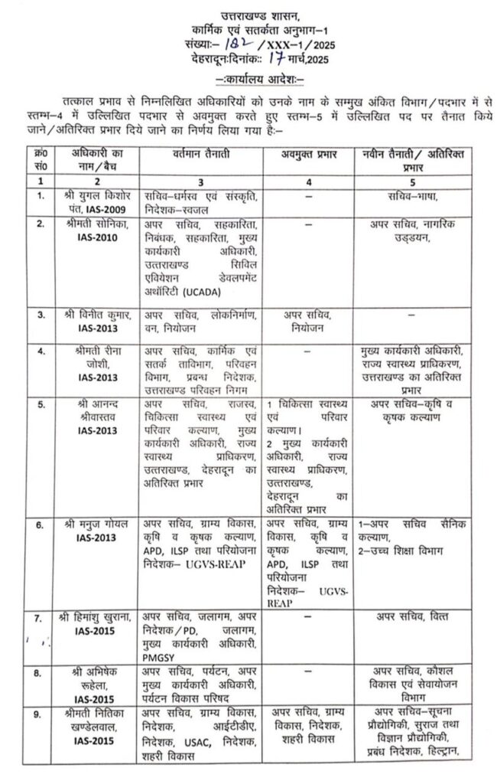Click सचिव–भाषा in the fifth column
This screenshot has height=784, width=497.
(x=414, y=197)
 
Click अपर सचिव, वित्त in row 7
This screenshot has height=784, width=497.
(x=413, y=615)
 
